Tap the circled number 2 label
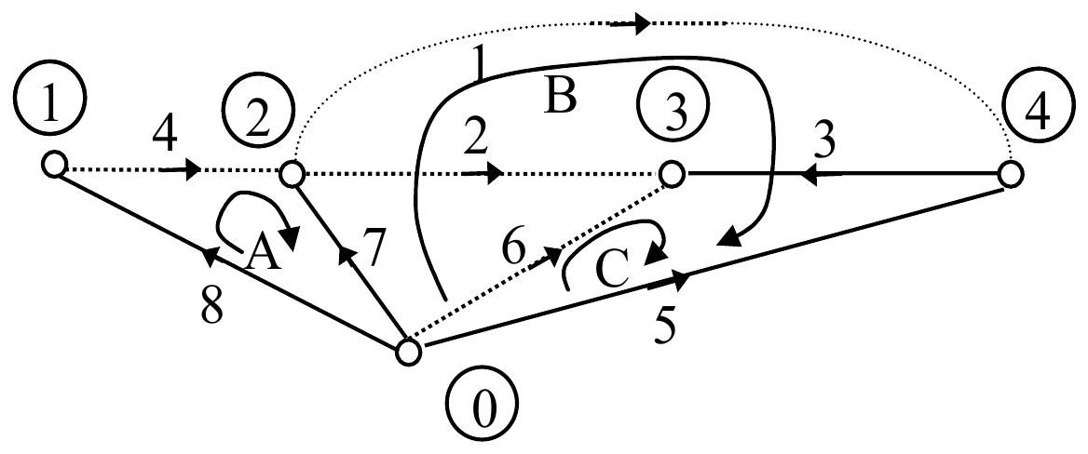point(259,118)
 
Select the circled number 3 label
point(673,104)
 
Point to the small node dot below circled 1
point(53,166)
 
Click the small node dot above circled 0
point(409,352)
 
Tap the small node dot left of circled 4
point(1011,174)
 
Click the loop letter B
point(560,96)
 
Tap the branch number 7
point(374,247)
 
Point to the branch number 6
point(514,247)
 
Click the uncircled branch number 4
point(166,138)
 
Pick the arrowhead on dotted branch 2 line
point(494,174)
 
